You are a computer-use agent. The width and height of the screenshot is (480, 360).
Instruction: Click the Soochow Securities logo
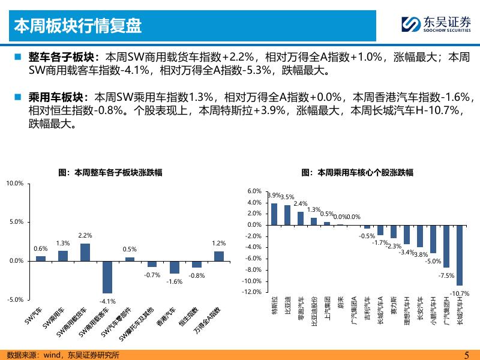click(436, 24)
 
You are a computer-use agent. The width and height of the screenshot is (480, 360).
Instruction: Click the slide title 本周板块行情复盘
click(78, 25)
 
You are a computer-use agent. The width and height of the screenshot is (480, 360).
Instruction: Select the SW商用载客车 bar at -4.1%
click(107, 277)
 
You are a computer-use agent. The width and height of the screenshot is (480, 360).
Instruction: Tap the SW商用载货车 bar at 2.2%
click(85, 252)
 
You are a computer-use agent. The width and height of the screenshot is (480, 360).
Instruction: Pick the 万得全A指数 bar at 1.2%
click(219, 256)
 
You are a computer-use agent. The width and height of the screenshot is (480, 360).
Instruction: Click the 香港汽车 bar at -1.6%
click(175, 267)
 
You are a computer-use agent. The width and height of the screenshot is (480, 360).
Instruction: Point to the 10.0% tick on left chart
click(15, 184)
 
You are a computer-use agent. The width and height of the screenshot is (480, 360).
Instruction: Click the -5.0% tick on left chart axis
click(15, 299)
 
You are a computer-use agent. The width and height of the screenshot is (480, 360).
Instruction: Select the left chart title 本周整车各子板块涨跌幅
click(110, 173)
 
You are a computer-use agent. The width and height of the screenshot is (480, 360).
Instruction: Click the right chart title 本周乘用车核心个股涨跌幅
click(357, 173)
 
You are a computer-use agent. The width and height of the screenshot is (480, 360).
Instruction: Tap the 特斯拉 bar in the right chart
click(274, 214)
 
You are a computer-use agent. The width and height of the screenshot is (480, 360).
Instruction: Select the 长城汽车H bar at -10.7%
click(460, 256)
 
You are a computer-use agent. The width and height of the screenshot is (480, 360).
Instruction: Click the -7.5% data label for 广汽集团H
click(446, 275)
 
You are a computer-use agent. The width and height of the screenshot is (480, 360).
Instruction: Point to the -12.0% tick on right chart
click(251, 292)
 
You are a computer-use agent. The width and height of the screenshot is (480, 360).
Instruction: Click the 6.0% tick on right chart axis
click(254, 191)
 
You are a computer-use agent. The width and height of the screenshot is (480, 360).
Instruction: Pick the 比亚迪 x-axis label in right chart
click(287, 305)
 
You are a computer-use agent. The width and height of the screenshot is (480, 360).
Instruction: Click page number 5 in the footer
click(467, 355)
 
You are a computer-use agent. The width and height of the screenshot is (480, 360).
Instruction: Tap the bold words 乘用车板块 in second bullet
click(56, 97)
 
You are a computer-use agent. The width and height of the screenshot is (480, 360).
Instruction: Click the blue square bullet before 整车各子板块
click(18, 57)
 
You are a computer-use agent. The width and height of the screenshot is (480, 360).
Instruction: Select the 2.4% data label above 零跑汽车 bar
click(301, 203)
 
